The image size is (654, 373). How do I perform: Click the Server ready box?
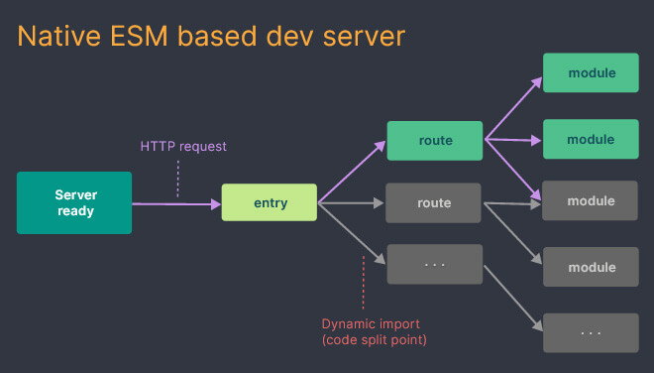(74, 203)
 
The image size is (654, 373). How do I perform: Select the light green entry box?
(270, 203)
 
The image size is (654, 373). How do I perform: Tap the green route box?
(434, 141)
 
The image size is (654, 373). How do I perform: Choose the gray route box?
(434, 203)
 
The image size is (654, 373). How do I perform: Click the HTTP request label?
(183, 147)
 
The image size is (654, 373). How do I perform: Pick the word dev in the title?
(301, 38)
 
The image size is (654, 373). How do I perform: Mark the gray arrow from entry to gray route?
(352, 203)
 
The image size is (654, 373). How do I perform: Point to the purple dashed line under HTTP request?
(178, 179)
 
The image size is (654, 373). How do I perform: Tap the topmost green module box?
(591, 73)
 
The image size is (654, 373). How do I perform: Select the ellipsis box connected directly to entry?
(434, 265)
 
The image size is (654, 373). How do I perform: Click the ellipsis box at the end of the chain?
(591, 331)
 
